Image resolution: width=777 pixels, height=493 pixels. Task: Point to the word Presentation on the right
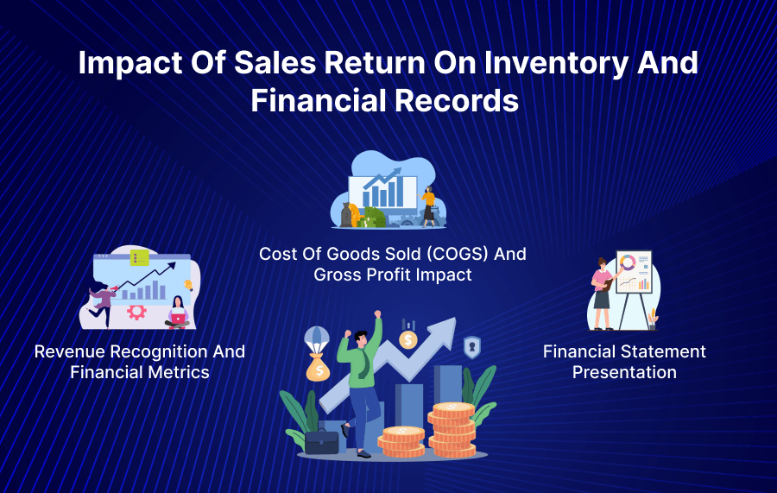624,372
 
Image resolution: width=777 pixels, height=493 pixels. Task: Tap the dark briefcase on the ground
322,441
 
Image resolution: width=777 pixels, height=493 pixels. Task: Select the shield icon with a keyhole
472,347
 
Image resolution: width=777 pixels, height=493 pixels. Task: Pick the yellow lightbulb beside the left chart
188,284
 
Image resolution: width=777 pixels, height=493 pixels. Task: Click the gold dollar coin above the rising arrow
408,339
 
